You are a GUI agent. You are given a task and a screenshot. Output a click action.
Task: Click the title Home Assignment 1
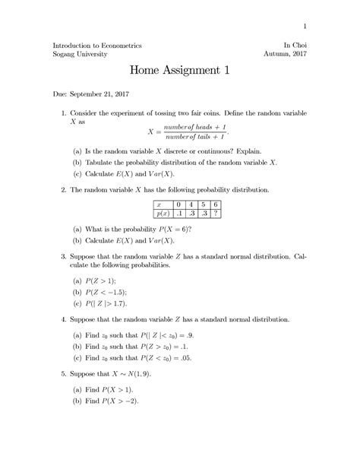(179, 71)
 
